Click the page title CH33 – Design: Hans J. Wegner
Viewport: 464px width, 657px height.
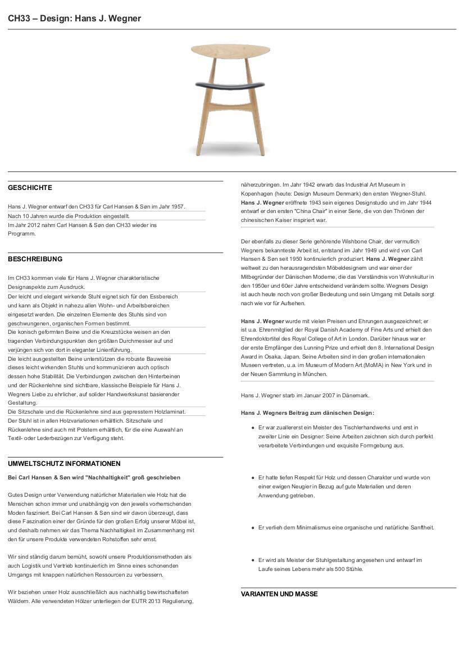(x=74, y=19)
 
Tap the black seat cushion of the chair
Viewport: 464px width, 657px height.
(x=230, y=84)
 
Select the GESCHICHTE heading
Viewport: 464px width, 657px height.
(x=30, y=188)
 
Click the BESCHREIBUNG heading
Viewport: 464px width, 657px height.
(x=35, y=259)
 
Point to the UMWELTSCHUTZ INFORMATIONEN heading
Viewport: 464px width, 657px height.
(x=64, y=464)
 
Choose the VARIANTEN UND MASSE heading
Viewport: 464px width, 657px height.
(x=279, y=594)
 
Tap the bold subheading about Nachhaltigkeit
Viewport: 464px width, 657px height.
(x=94, y=477)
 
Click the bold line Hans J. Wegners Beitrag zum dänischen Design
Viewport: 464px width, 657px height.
(x=307, y=413)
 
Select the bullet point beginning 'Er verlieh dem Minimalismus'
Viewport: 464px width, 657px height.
(x=346, y=528)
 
